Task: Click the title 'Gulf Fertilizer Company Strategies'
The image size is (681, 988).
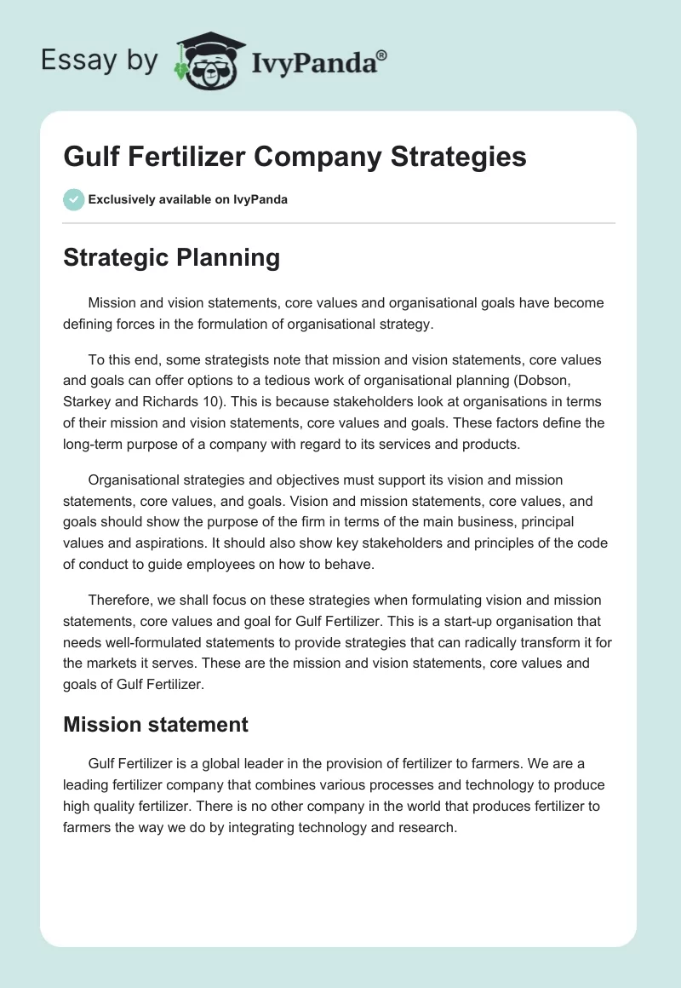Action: click(295, 157)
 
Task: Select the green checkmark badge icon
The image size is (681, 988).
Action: click(73, 199)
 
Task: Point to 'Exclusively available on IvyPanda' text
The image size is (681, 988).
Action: click(188, 199)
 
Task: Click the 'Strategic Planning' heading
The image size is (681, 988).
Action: click(171, 258)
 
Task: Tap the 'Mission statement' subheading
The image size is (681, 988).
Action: click(155, 724)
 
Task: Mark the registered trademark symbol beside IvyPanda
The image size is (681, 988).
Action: click(382, 55)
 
